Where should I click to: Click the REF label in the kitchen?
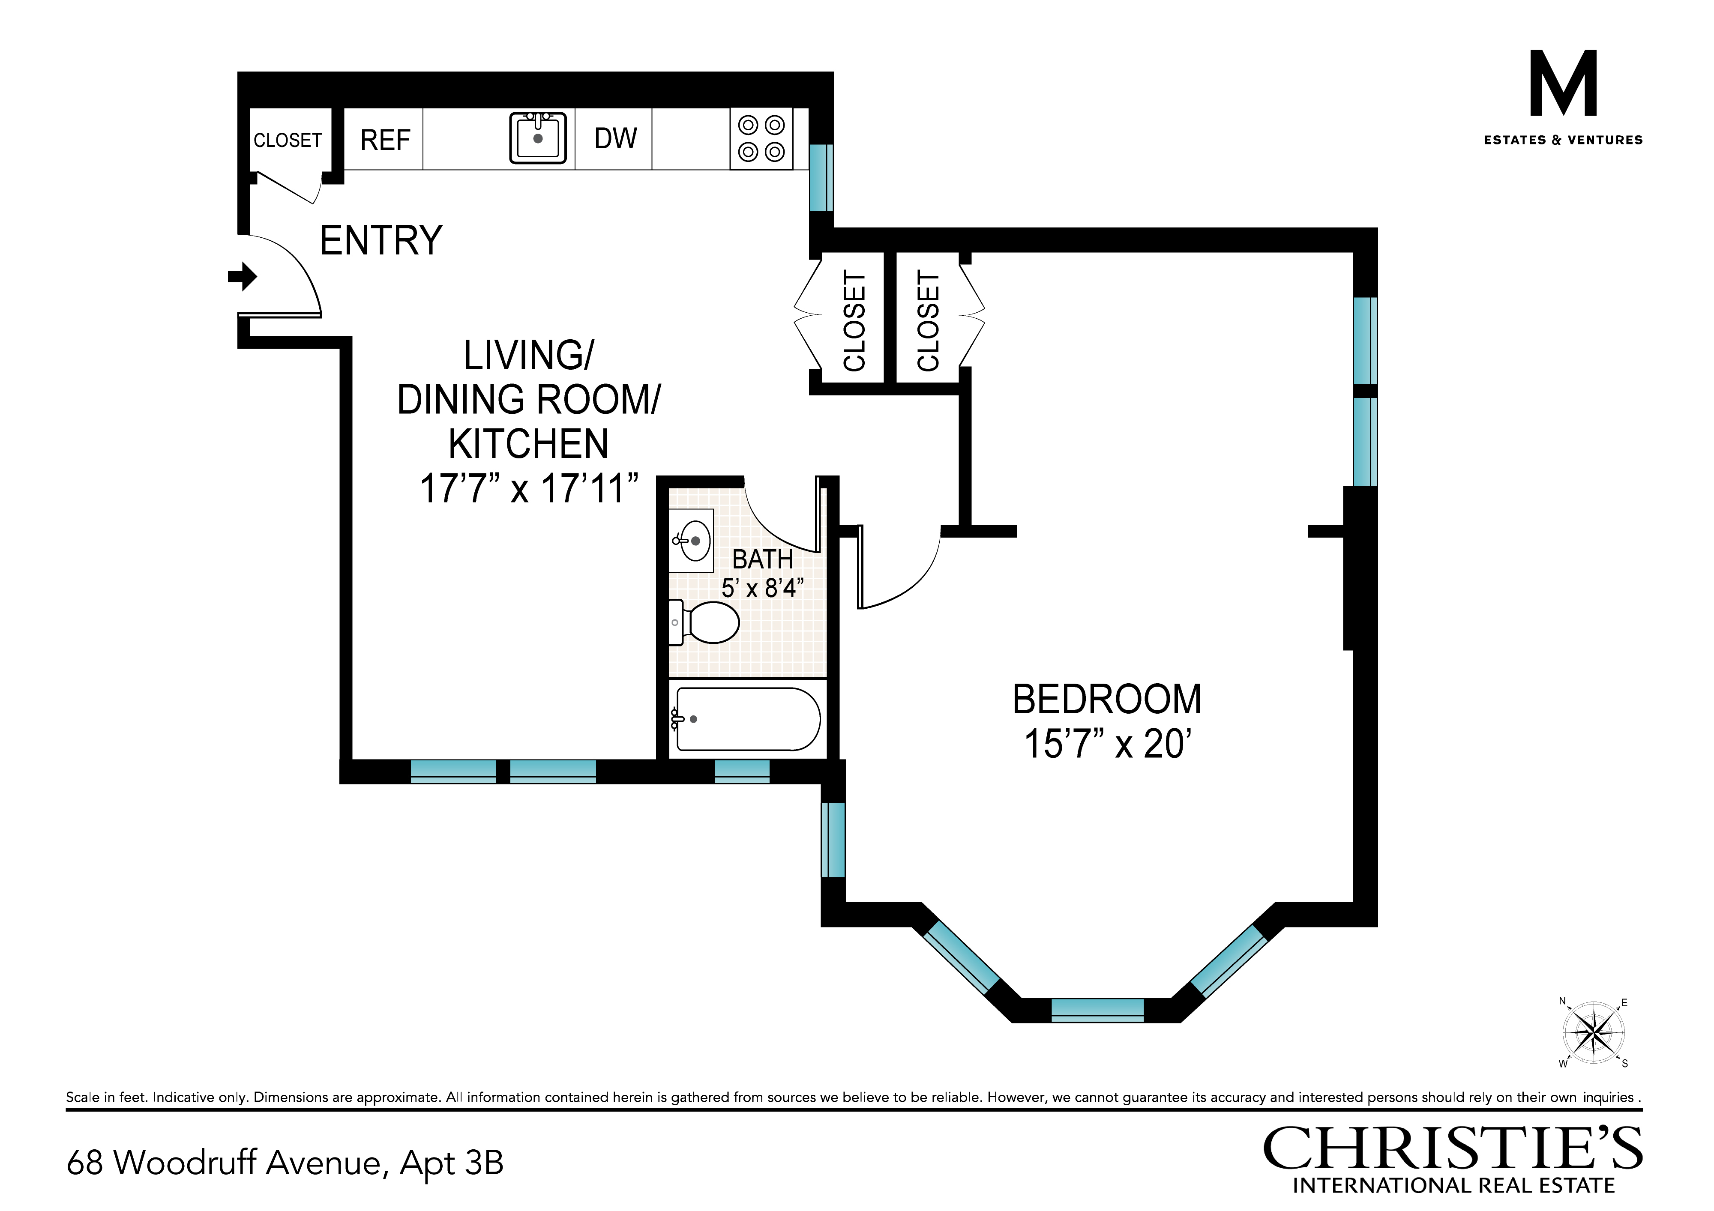385,140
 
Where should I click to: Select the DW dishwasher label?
615,138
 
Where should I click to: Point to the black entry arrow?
243,277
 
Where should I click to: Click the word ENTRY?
381,240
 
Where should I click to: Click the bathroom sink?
691,540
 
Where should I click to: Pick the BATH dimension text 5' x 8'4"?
762,588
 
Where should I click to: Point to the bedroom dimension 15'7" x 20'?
1107,744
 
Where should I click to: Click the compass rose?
1594,1033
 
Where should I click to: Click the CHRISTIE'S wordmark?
1453,1149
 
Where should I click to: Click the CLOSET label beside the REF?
288,140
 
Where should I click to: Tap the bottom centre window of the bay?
1097,1010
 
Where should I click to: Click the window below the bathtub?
742,771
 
